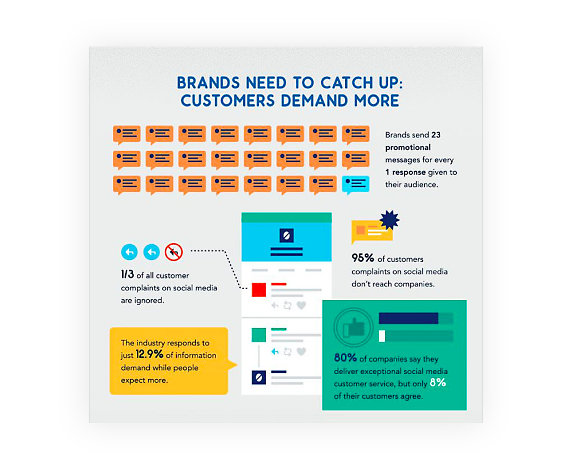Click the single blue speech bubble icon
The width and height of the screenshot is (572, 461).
[355, 185]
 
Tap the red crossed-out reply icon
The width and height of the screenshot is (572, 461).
[174, 252]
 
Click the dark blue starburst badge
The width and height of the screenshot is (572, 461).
[389, 220]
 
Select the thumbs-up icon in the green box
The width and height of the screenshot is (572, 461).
[354, 327]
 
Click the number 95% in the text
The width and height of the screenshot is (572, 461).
[362, 258]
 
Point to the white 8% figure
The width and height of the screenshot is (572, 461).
[438, 382]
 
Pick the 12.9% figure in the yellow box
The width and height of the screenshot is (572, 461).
[149, 354]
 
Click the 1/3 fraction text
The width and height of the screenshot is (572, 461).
[127, 274]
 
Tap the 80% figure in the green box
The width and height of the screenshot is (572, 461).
[345, 357]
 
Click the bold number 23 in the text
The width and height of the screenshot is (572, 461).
[436, 135]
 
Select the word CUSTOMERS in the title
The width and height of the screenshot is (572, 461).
[228, 101]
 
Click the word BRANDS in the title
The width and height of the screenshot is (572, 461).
[208, 83]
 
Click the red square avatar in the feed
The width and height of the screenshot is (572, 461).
[259, 290]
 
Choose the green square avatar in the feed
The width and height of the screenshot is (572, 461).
[259, 335]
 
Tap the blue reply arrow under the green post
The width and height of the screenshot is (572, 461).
[275, 351]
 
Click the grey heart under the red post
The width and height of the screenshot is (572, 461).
[301, 305]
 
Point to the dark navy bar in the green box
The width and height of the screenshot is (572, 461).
[409, 318]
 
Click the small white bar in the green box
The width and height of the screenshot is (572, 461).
[382, 336]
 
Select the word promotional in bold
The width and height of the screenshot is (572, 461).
[408, 148]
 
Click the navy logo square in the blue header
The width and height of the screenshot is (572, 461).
[286, 235]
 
